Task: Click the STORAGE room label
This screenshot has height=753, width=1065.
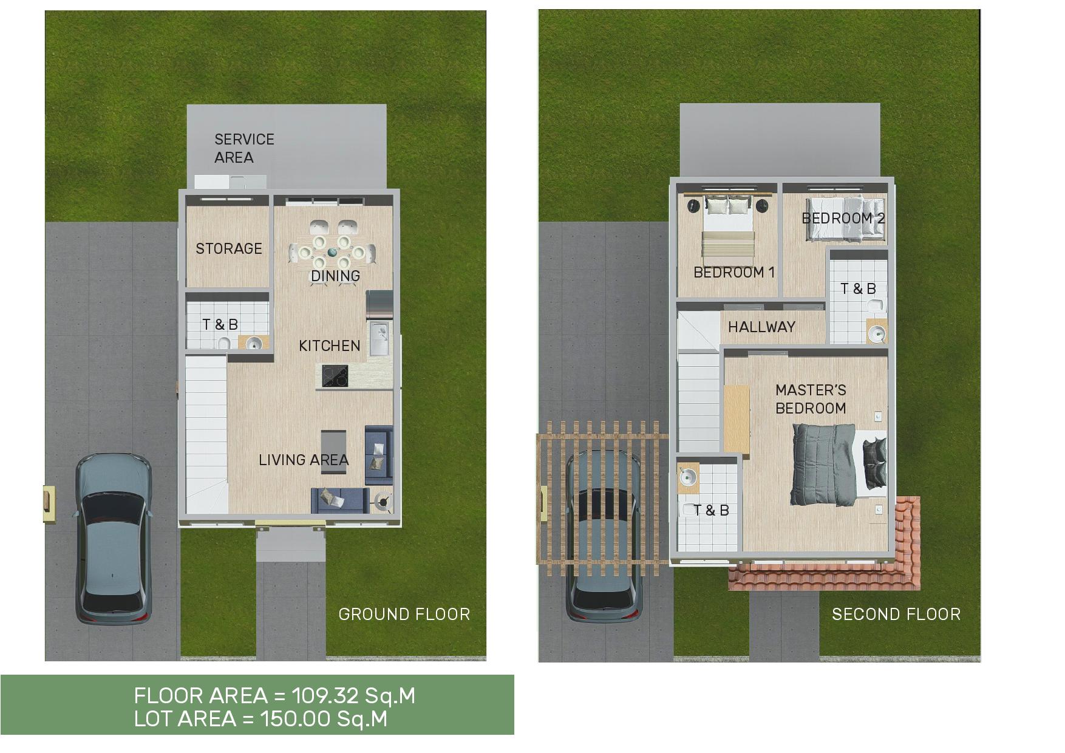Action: [229, 248]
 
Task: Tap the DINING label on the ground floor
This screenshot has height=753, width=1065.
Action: [335, 276]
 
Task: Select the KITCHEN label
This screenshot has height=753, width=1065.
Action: [330, 346]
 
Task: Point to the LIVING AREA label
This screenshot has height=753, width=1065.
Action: [304, 460]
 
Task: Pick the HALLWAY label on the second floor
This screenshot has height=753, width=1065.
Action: [761, 327]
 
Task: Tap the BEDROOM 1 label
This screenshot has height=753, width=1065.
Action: [734, 272]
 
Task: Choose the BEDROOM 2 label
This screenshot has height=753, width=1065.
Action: [843, 218]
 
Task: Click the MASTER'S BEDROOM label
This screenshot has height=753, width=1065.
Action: [811, 399]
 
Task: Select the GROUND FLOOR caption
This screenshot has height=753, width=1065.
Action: [404, 615]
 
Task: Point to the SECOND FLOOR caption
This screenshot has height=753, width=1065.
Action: [896, 615]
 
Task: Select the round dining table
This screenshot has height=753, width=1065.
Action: [332, 250]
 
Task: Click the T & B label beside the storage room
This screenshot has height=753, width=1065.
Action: [220, 324]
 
